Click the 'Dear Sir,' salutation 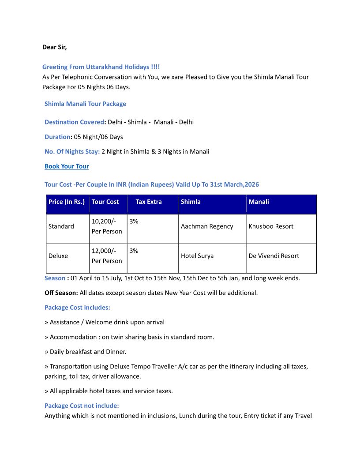(54, 47)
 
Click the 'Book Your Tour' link (67, 166)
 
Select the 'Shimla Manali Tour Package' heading (85, 104)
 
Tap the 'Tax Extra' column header (149, 202)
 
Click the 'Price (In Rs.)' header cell (67, 202)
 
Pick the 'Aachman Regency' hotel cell (207, 226)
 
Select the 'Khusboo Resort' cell (271, 226)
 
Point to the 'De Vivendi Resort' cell (274, 256)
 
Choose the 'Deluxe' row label (58, 256)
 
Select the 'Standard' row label (61, 226)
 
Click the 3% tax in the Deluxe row (134, 251)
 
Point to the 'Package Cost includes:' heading (77, 308)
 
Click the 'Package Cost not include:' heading (82, 406)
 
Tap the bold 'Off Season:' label (61, 293)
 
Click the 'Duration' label (57, 137)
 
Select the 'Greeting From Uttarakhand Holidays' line (101, 67)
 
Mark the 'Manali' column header (259, 202)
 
